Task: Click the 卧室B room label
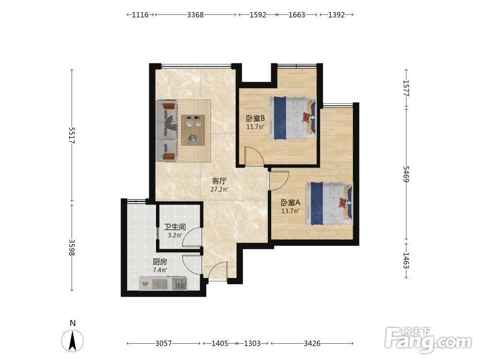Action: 255,118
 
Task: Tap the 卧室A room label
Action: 290,203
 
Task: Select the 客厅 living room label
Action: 219,181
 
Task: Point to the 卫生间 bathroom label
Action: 175,227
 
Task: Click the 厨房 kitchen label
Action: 160,262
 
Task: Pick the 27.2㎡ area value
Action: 219,190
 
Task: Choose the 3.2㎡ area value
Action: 175,235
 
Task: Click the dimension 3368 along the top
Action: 195,15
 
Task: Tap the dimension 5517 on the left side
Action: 72,135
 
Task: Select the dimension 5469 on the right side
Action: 406,174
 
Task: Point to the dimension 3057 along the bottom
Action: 163,344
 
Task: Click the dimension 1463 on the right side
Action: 406,261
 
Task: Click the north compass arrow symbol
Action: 72,341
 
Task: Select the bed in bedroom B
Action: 293,119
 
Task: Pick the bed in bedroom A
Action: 329,204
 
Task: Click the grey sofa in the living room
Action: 167,131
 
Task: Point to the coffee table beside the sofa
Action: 193,130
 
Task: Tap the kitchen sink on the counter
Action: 180,284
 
